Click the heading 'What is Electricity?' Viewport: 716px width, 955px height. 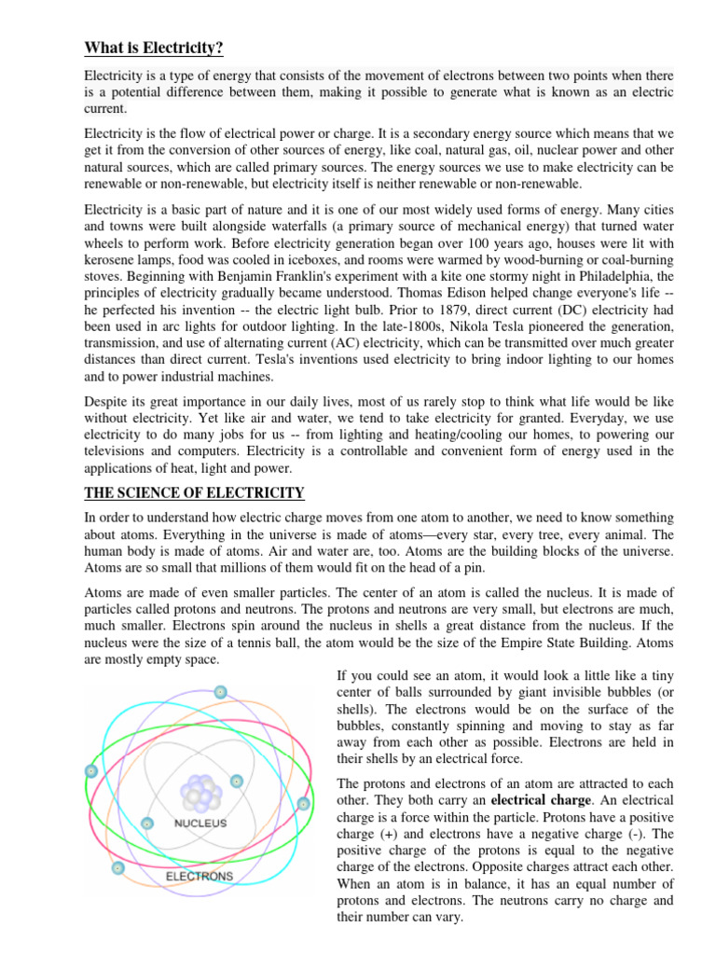(x=154, y=48)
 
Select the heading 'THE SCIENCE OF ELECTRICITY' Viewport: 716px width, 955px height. (x=194, y=491)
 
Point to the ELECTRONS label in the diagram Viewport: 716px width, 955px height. (x=199, y=877)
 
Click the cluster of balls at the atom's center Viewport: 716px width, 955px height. (x=201, y=793)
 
